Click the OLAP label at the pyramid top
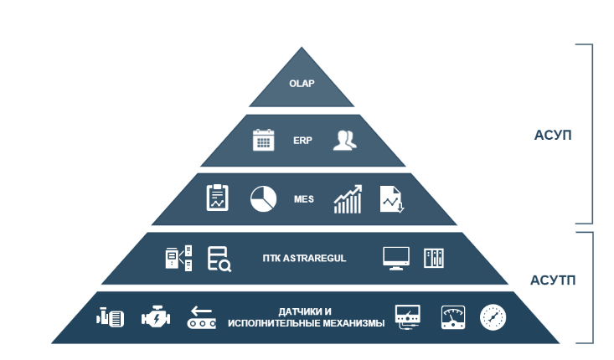(x=301, y=85)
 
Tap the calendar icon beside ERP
(x=264, y=140)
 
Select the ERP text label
(x=302, y=141)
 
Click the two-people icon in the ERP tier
(x=344, y=140)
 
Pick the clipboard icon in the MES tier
(x=218, y=198)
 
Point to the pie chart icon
(x=263, y=198)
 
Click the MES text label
(x=303, y=199)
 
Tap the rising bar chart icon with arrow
(x=348, y=199)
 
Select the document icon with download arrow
(x=390, y=199)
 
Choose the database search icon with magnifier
(x=219, y=259)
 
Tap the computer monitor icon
(x=395, y=257)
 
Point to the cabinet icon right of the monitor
(x=434, y=257)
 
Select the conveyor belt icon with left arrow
(x=201, y=316)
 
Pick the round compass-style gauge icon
(x=493, y=316)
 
